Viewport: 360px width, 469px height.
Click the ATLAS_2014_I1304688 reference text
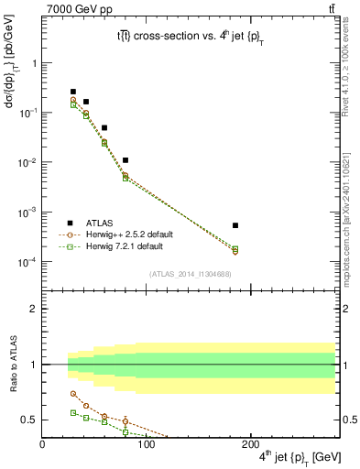tap(188, 273)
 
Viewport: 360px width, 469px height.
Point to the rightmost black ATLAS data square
tap(235, 225)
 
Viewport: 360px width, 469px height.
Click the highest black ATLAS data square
tap(73, 92)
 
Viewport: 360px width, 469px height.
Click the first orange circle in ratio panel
tap(73, 394)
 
